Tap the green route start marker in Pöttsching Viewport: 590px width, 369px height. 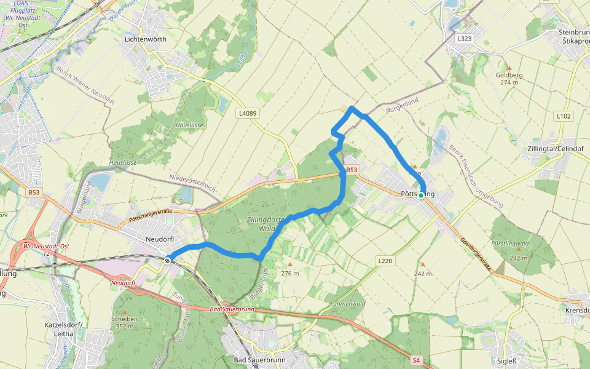coord(421,196)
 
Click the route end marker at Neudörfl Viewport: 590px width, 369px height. coord(167,260)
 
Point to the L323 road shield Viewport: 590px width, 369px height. coord(465,38)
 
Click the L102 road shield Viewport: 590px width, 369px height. coord(563,116)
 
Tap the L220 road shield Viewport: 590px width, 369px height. coord(385,261)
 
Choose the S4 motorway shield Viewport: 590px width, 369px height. coord(417,360)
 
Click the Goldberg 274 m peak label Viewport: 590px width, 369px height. coord(509,78)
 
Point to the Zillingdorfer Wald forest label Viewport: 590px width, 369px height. coord(265,223)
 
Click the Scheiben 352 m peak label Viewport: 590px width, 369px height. coord(125,322)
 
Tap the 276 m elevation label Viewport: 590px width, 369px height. coord(289,272)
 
